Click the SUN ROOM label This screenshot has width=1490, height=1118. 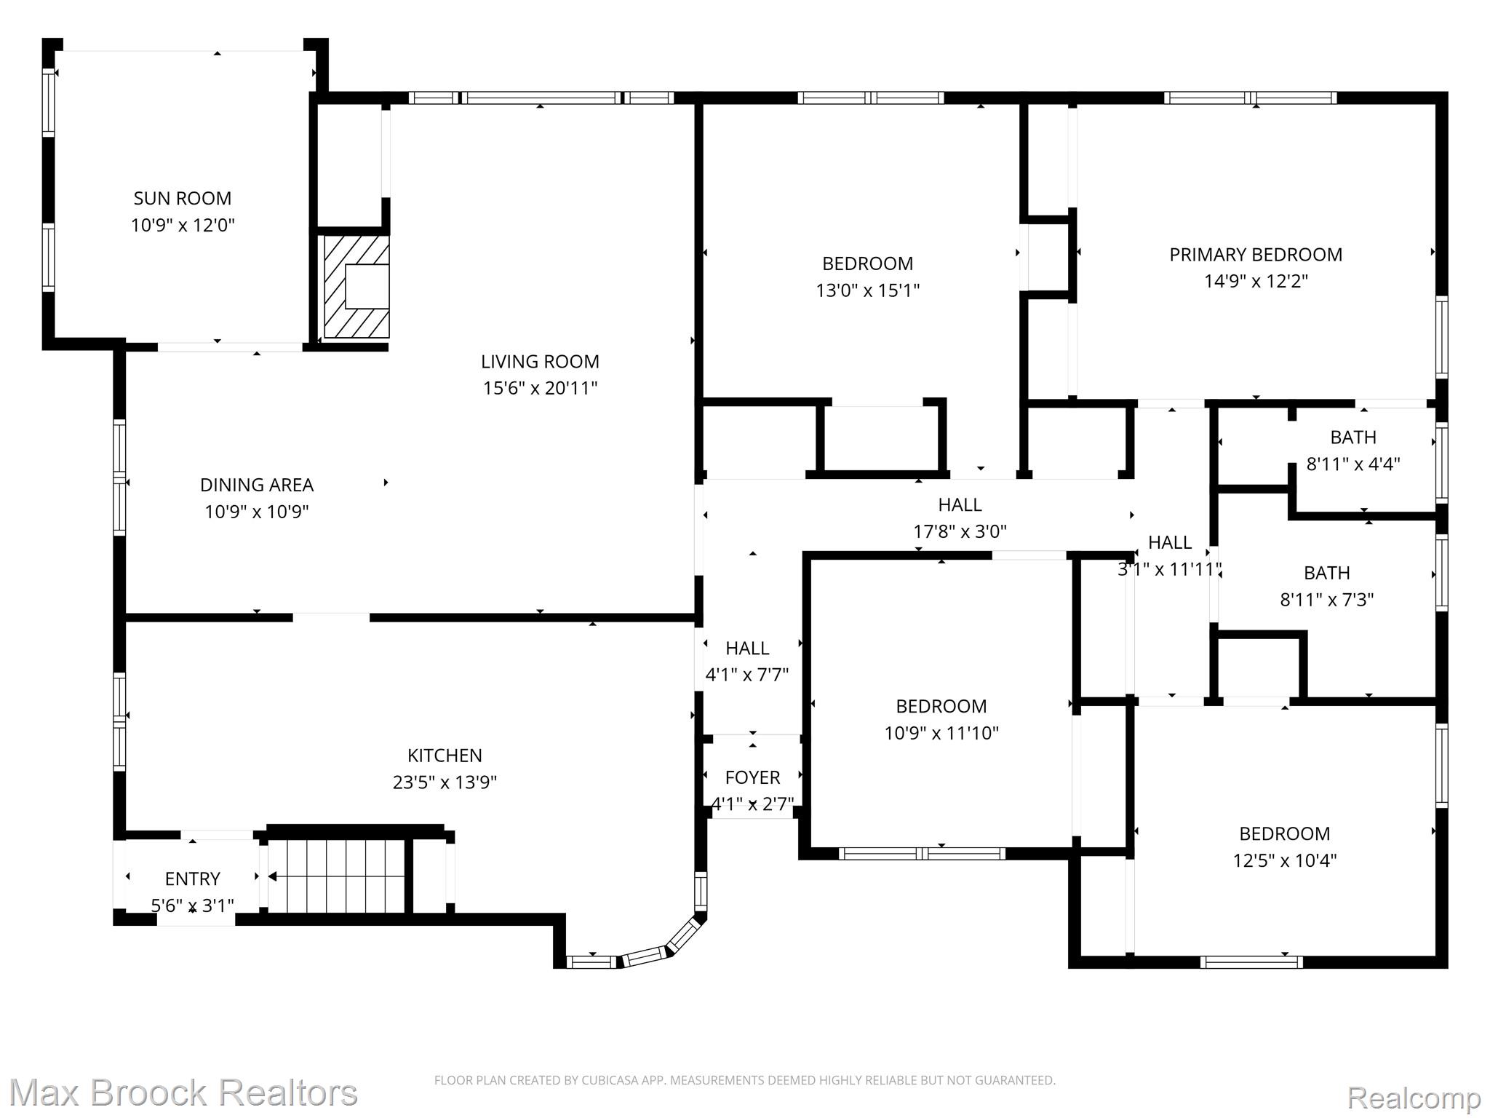(183, 198)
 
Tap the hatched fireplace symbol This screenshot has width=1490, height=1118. (356, 286)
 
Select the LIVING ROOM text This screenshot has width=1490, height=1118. (540, 361)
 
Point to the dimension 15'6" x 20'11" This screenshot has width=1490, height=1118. (540, 388)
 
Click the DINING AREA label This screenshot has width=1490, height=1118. (257, 485)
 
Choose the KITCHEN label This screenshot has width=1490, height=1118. (445, 756)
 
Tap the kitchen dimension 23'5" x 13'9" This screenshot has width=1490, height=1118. (445, 782)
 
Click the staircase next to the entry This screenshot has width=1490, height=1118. (336, 876)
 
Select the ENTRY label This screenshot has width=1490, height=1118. (192, 879)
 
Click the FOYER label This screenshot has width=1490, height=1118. (752, 777)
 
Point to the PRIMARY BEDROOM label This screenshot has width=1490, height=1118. (1256, 255)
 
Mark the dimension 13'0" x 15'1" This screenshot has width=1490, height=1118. (868, 290)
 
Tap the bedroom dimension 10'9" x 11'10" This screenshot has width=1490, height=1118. (941, 733)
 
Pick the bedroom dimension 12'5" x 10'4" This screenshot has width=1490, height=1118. (1285, 860)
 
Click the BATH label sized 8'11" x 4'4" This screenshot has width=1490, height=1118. (1353, 437)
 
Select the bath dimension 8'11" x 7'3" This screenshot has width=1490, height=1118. (1327, 600)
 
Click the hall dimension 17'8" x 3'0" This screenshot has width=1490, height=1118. (960, 531)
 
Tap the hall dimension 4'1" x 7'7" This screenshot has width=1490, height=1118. (747, 675)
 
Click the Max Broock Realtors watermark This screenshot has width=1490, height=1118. (183, 1093)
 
